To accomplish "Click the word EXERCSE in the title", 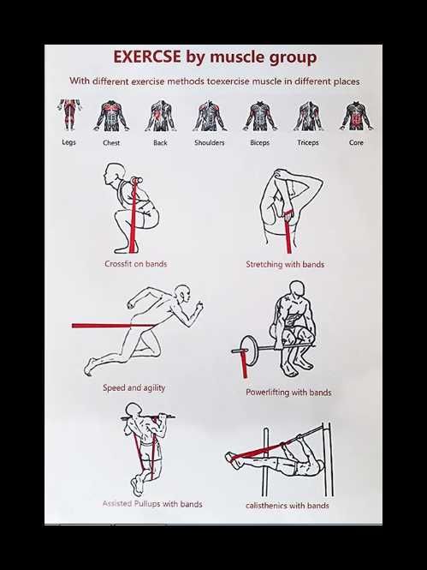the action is point(147,57).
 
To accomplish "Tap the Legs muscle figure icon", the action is point(69,115).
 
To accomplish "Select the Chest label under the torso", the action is point(111,142).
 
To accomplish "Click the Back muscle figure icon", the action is point(160,116).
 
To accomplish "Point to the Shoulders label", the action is point(210,142).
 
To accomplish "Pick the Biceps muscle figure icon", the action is point(260,116).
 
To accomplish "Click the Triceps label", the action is point(308,142).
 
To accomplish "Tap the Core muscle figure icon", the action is point(356,116).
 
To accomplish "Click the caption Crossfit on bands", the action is point(136,264).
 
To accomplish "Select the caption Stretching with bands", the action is point(285,264).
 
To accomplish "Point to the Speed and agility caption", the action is point(133,388).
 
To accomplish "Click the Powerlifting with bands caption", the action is point(288,393).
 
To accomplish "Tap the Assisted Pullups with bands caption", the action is point(152,504).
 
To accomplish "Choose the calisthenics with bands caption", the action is point(288,506).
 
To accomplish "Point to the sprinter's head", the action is point(183,293).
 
